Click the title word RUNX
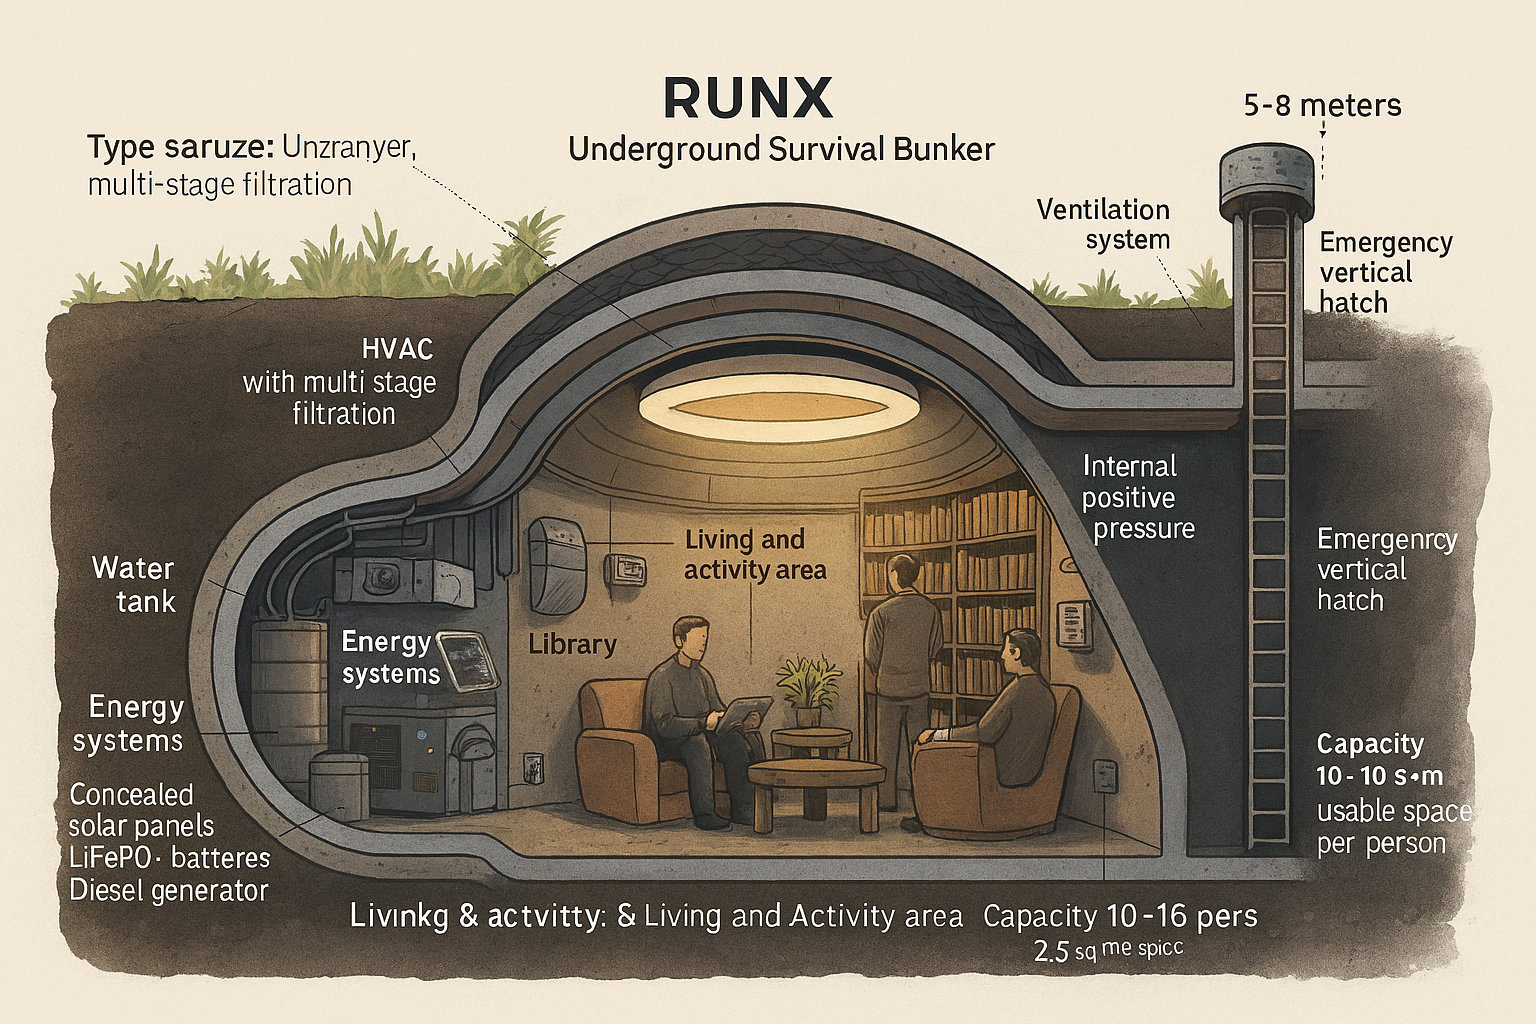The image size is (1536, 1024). (747, 98)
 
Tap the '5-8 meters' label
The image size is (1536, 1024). (1321, 105)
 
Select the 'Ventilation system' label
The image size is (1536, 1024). (1103, 224)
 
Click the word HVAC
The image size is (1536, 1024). (397, 349)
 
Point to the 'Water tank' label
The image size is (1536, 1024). (134, 584)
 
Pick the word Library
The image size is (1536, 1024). (572, 644)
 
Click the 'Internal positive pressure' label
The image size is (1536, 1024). (1138, 497)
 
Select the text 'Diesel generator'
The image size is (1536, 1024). (169, 890)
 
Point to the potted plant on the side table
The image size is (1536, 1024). (807, 687)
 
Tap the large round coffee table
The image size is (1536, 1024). (816, 777)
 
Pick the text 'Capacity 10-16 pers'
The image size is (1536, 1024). (1120, 915)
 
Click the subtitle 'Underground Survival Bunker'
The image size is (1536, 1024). (781, 150)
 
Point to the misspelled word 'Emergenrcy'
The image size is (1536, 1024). (1386, 540)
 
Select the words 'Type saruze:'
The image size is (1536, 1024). (180, 148)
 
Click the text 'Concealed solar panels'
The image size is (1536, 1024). (141, 810)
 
